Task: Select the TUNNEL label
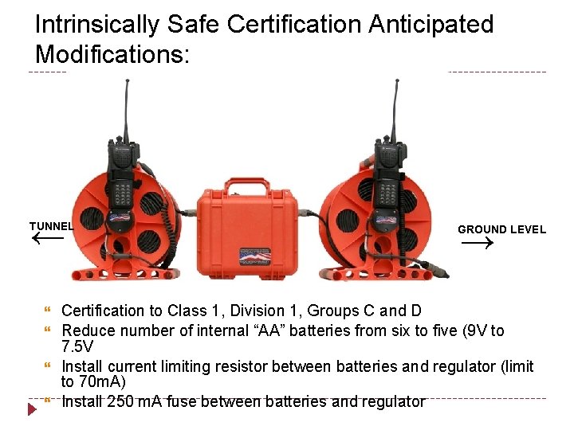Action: click(51, 226)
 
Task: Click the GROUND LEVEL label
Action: click(501, 229)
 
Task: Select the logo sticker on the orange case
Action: click(255, 256)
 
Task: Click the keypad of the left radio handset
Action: click(121, 192)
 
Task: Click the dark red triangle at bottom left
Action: click(32, 409)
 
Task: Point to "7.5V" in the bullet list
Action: click(77, 347)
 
